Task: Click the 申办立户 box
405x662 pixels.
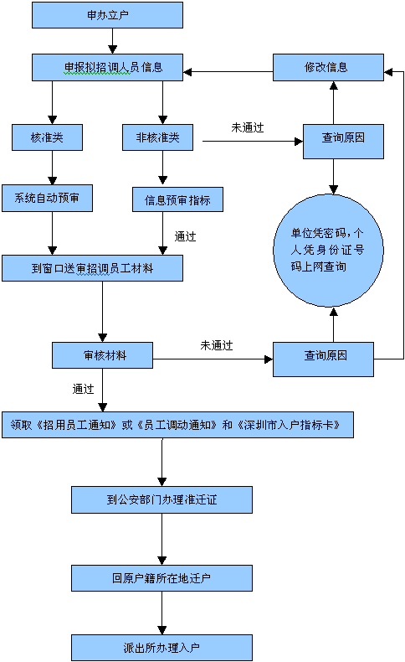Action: [x=107, y=15]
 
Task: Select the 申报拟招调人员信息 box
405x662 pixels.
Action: [x=107, y=67]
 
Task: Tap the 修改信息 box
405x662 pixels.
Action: [x=328, y=67]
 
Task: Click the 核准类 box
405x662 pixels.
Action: [x=47, y=137]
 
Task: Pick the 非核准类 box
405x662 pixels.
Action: [x=157, y=137]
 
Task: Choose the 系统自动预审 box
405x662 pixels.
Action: [x=47, y=198]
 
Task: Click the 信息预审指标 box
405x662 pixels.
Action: [x=178, y=199]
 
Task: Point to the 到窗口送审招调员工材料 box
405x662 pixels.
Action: [x=92, y=268]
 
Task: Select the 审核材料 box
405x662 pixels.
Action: [x=102, y=355]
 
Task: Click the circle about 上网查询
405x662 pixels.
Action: [x=328, y=251]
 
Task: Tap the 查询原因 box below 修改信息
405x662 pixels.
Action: [x=343, y=142]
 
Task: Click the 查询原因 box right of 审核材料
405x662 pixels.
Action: [x=323, y=359]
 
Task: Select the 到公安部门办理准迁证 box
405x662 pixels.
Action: [x=161, y=500]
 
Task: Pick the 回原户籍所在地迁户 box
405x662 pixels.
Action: [x=161, y=578]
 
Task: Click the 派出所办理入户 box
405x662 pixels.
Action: [x=161, y=648]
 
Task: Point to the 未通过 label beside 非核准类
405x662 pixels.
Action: [x=248, y=127]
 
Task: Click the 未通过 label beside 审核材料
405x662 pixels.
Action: [x=217, y=345]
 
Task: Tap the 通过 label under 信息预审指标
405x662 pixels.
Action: [x=186, y=236]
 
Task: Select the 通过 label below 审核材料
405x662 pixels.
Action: [x=84, y=389]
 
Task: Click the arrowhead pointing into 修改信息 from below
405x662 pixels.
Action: [x=333, y=85]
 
